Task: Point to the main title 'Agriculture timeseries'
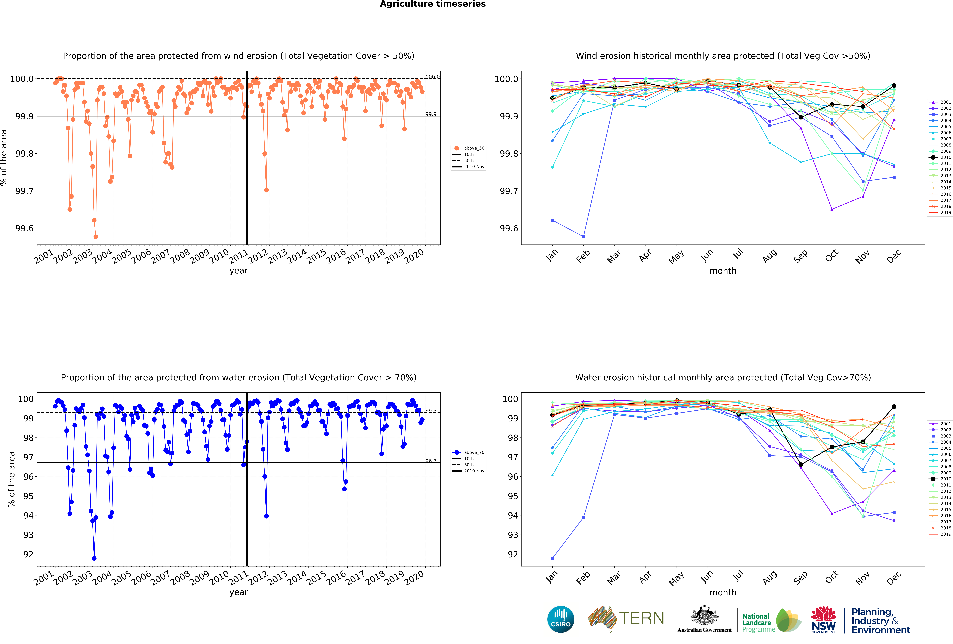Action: tap(433, 4)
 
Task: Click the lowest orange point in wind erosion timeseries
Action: tap(96, 237)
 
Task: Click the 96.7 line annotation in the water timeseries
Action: tap(431, 461)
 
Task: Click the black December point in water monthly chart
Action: tap(894, 407)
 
